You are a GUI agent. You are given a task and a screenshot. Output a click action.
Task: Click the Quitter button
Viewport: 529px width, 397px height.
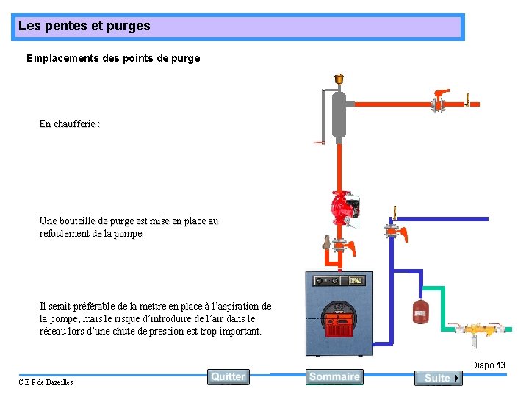tap(228, 376)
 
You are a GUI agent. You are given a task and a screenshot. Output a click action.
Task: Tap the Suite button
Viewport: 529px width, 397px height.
tap(438, 378)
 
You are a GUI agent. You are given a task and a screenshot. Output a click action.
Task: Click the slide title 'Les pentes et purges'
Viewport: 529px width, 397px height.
tap(84, 26)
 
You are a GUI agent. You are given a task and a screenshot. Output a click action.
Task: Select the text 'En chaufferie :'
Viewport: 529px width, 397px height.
tap(70, 124)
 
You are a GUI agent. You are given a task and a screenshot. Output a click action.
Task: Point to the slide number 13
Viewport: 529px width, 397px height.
tap(501, 365)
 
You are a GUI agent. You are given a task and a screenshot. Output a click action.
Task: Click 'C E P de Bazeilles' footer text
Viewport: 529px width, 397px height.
tap(46, 382)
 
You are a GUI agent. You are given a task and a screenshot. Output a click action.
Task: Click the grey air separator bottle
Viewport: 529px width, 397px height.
tap(339, 116)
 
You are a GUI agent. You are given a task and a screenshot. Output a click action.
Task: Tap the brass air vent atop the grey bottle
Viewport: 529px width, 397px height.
tap(339, 79)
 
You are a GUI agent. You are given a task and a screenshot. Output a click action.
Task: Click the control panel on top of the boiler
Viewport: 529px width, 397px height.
tap(339, 281)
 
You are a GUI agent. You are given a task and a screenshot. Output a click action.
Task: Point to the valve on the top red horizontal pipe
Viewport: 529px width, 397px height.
tap(439, 101)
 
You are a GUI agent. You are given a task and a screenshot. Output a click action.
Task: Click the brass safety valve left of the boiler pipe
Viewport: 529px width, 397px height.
tap(326, 243)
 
